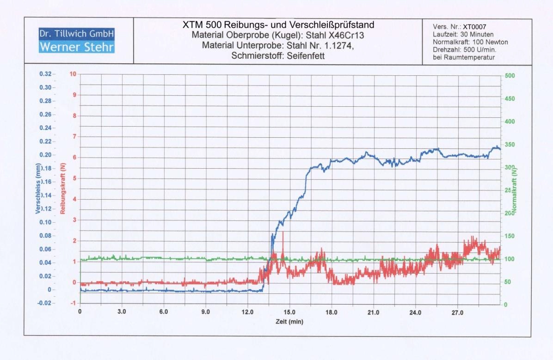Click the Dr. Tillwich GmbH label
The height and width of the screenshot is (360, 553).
[77, 34]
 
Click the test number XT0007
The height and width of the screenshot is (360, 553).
[474, 27]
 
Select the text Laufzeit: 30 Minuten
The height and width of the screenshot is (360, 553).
[463, 35]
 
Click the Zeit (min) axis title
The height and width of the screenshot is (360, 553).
[290, 322]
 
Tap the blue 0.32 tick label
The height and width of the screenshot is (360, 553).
[46, 74]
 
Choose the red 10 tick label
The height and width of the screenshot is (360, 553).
[72, 74]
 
